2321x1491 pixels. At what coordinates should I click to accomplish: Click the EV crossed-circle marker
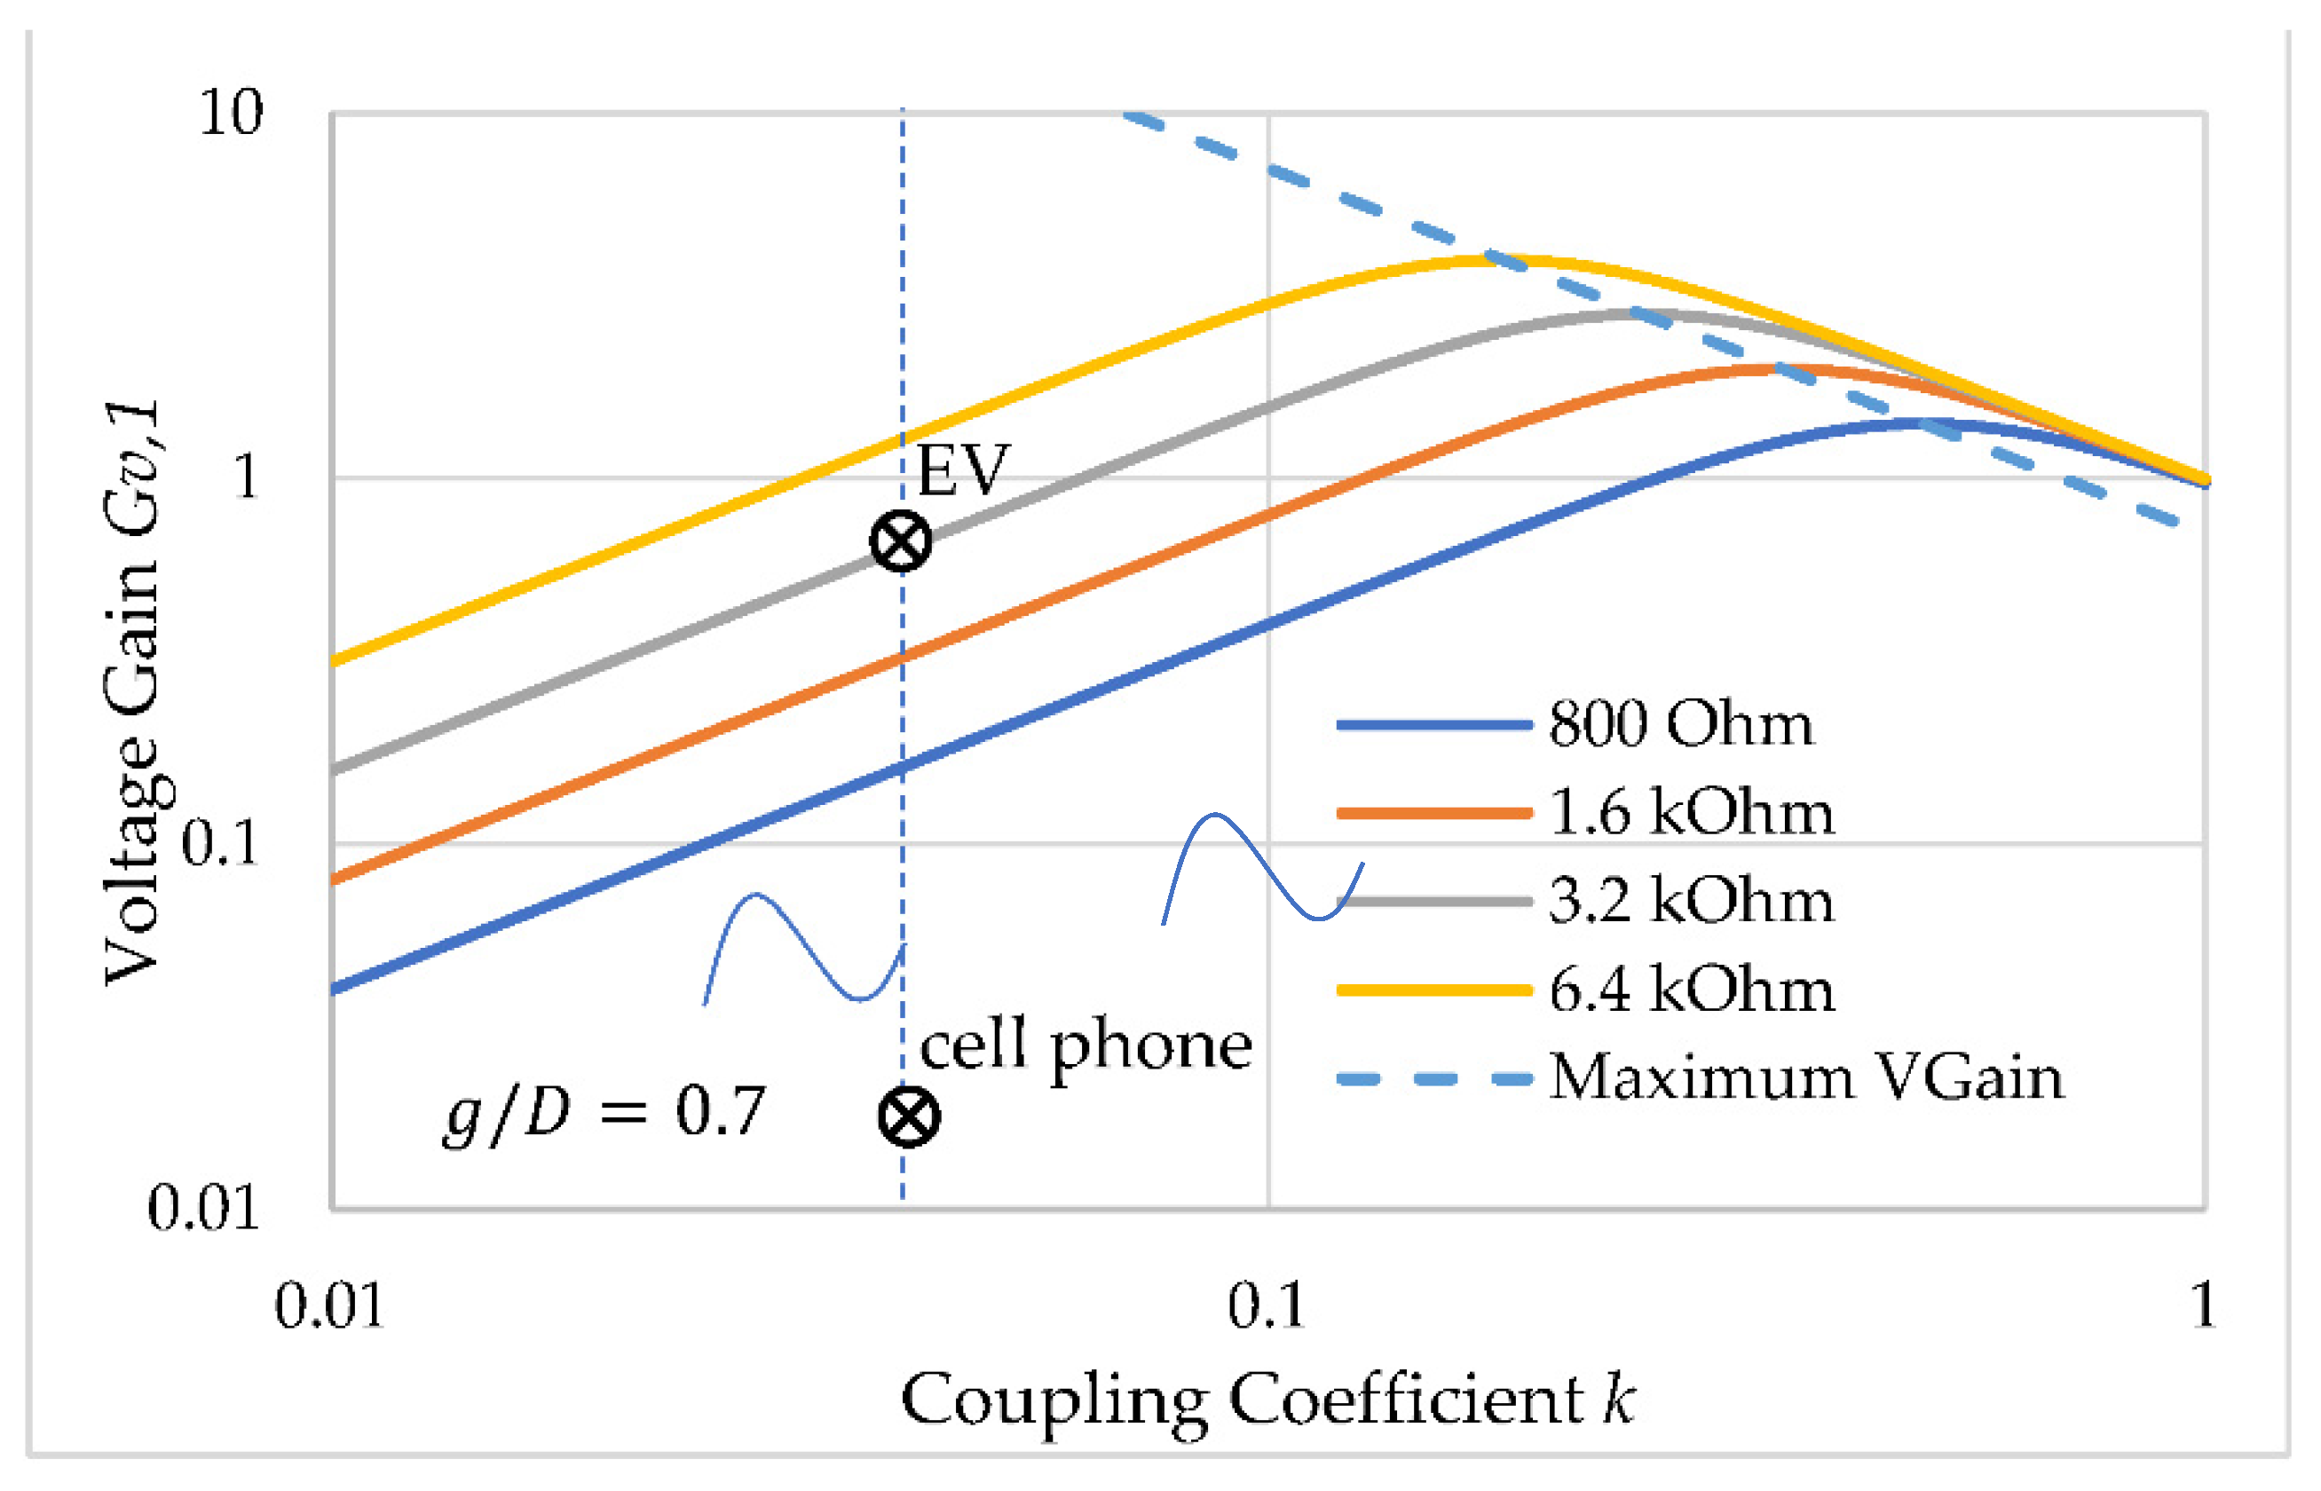[901, 541]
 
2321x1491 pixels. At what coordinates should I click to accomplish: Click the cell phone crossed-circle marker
[908, 1116]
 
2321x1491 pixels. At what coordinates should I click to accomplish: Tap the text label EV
[962, 470]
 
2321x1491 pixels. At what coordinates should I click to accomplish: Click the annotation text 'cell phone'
[1086, 1045]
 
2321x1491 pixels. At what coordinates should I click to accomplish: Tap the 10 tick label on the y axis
[231, 113]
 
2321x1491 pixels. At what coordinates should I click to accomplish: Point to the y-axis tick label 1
[247, 477]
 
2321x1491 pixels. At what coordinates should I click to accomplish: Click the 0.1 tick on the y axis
[221, 842]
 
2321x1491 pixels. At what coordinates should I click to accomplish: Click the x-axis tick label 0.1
[1267, 1306]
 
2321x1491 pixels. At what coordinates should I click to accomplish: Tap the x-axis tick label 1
[2204, 1306]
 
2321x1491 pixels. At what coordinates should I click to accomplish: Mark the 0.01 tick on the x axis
[330, 1306]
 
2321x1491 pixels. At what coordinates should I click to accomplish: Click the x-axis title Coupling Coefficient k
[1267, 1400]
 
